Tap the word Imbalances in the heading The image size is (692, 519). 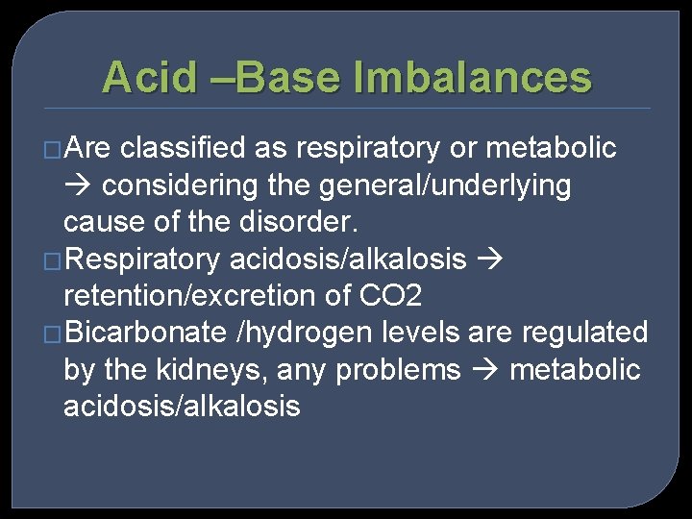point(473,77)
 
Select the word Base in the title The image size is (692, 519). point(287,77)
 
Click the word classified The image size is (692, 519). point(186,149)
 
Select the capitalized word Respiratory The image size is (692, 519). point(146,259)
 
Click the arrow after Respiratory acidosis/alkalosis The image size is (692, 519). point(489,259)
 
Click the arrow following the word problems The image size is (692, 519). point(484,370)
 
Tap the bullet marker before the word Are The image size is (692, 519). point(54,150)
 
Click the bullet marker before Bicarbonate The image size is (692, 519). point(54,334)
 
